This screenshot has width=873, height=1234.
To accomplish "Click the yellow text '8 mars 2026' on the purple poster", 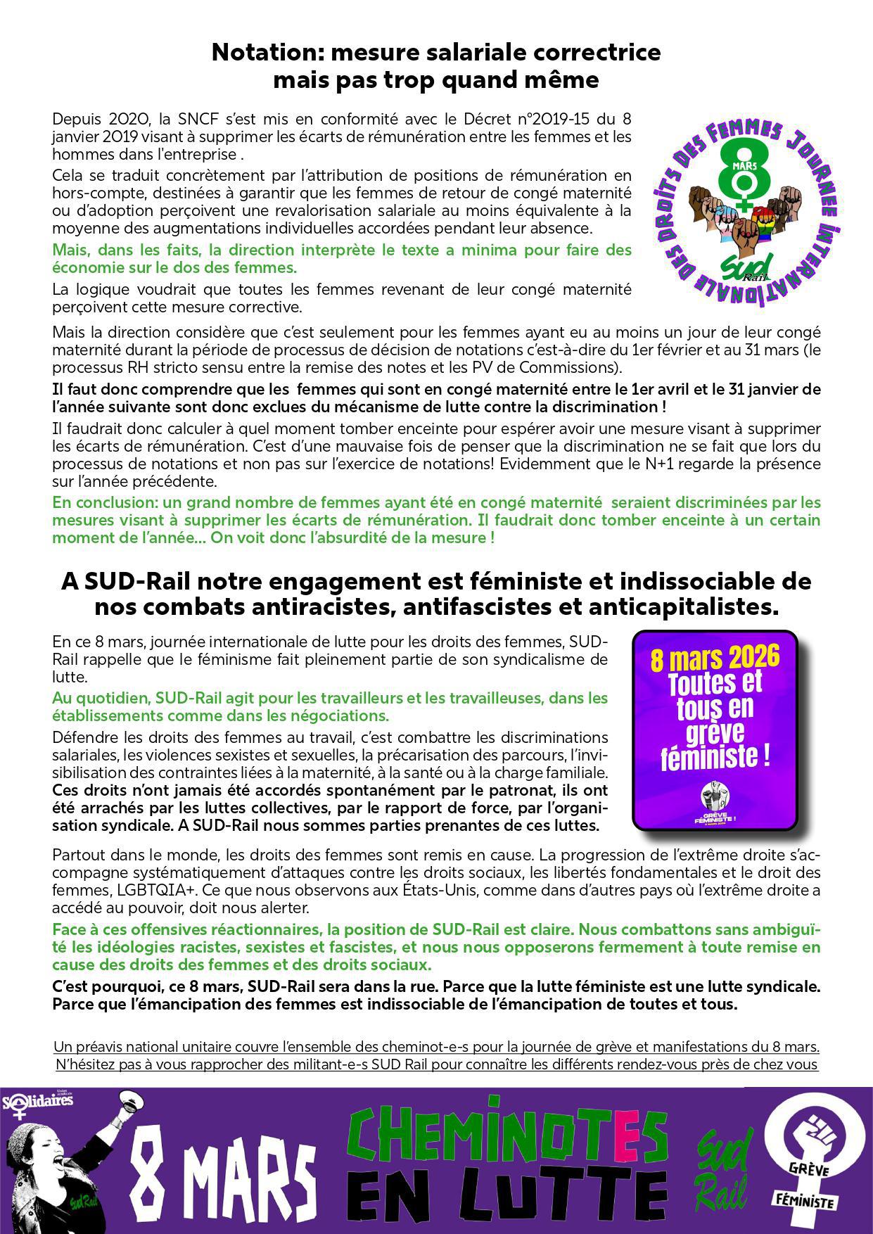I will point(715,658).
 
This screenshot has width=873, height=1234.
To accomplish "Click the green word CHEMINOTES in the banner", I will point(506,1135).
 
